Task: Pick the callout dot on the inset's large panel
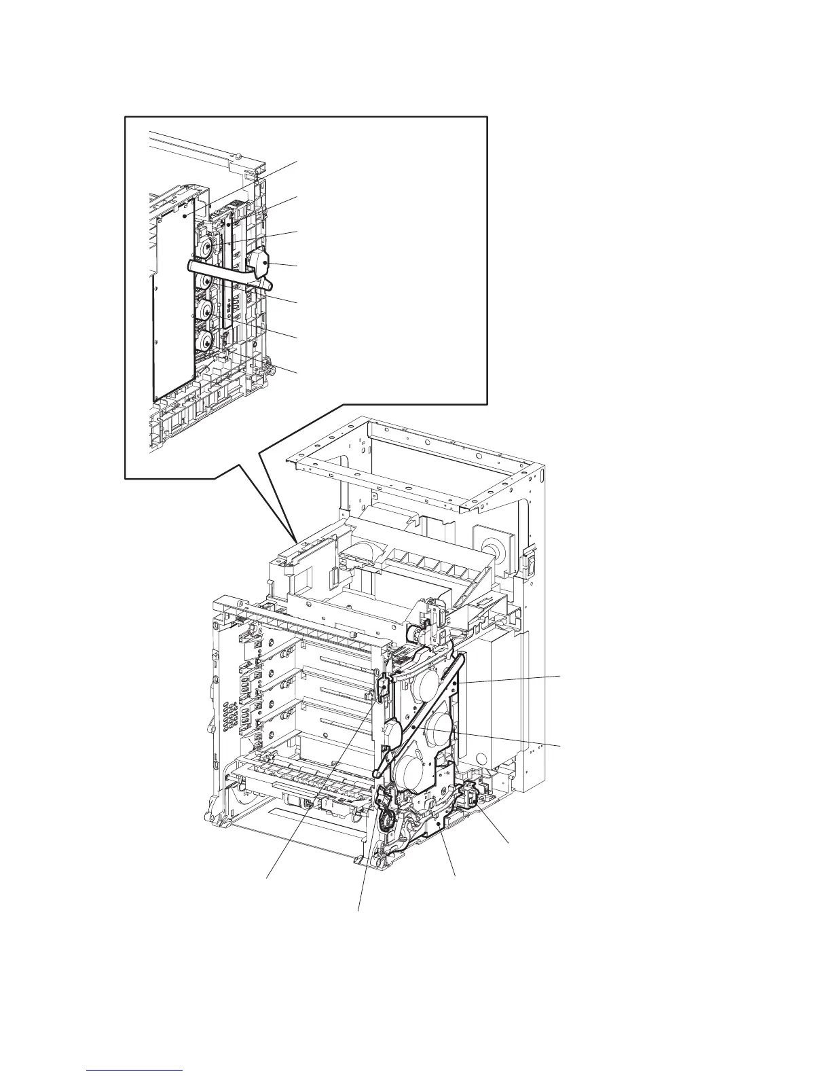pyautogui.click(x=185, y=215)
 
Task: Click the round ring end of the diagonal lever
pyautogui.click(x=376, y=773)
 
